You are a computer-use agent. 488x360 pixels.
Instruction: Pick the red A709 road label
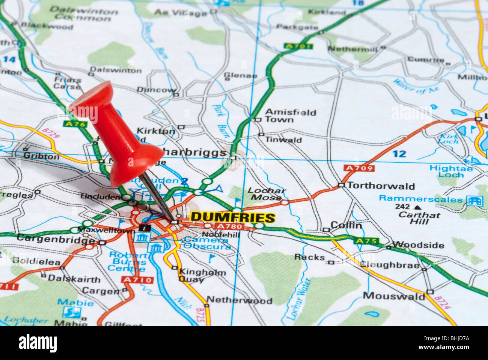click(359, 168)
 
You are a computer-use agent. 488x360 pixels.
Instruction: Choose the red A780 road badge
click(230, 226)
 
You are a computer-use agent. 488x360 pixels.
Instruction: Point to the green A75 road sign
click(366, 241)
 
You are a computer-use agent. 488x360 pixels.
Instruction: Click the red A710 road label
click(137, 280)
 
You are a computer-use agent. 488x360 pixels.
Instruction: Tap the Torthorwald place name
click(381, 186)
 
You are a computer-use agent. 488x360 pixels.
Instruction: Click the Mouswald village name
click(394, 296)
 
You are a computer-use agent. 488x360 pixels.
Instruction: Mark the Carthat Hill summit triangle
click(416, 207)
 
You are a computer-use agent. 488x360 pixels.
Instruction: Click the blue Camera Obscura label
click(207, 243)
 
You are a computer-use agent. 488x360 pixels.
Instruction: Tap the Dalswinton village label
click(116, 70)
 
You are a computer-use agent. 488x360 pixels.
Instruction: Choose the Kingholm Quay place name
click(202, 275)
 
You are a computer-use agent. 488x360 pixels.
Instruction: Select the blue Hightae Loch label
click(451, 171)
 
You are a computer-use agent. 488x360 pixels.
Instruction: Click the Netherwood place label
click(239, 300)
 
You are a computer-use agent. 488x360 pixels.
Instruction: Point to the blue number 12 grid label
click(399, 154)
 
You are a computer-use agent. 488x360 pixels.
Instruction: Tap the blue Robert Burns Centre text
click(128, 262)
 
